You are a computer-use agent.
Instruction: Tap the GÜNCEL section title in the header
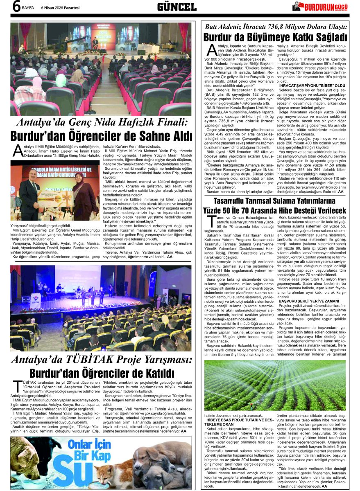point(177,7)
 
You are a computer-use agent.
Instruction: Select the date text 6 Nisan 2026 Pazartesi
point(60,7)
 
